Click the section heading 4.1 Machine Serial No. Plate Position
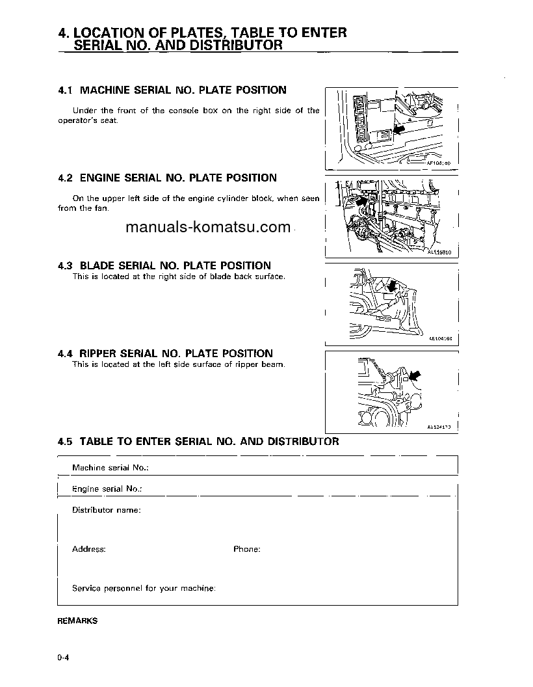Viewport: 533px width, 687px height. [x=172, y=90]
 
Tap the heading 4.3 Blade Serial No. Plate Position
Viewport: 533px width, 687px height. [x=164, y=265]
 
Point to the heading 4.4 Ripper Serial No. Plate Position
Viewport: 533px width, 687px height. [x=165, y=353]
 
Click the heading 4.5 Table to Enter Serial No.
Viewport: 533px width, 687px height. [x=198, y=441]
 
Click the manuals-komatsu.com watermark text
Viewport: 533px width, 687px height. [x=207, y=227]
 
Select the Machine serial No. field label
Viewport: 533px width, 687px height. [x=110, y=468]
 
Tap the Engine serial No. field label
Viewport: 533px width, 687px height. [x=107, y=489]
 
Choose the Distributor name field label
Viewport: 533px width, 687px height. [x=106, y=510]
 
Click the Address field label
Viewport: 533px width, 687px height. [x=88, y=549]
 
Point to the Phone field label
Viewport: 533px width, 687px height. [x=246, y=549]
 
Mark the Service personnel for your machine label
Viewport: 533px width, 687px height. [x=144, y=588]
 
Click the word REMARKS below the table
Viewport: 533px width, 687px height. [x=77, y=621]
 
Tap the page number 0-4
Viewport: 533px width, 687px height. [x=63, y=658]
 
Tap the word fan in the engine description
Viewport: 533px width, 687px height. [x=103, y=208]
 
